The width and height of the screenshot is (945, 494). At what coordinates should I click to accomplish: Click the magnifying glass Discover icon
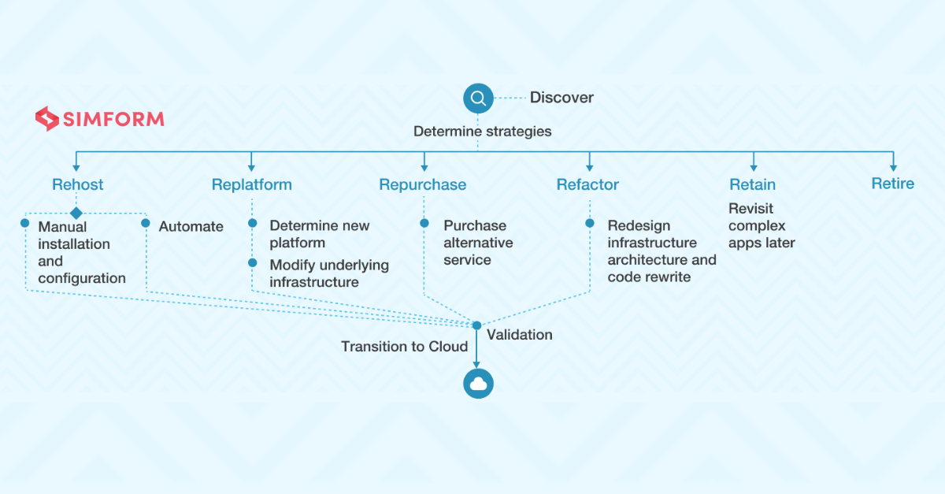(478, 98)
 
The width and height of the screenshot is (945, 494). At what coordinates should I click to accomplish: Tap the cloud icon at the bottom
(478, 384)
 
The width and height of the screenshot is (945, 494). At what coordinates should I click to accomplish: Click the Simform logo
(99, 119)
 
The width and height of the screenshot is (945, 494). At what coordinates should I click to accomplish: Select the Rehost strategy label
(78, 184)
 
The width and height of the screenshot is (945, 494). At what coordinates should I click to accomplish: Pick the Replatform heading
(252, 184)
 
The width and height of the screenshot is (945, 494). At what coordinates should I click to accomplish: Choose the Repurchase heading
(423, 184)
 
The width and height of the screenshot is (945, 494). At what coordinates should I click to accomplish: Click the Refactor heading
(587, 184)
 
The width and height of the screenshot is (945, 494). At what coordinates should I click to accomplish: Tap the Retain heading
(753, 184)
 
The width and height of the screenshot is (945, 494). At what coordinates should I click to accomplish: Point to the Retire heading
(893, 184)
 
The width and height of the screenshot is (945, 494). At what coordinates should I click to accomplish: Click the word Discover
(561, 98)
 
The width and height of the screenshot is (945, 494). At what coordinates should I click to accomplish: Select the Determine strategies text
(482, 132)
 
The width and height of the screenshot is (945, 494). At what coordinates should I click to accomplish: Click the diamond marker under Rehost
(76, 214)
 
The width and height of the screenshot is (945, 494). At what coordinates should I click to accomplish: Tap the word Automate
(191, 226)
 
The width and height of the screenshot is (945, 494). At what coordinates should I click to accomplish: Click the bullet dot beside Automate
(146, 223)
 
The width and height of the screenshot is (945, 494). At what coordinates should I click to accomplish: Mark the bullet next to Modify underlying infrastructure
(253, 262)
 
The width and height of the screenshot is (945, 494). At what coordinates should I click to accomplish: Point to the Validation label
(519, 335)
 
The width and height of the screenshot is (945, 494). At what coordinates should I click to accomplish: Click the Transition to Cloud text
(405, 346)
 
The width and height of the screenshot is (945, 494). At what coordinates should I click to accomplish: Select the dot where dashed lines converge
(476, 325)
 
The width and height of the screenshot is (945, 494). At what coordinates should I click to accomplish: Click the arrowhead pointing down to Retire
(893, 169)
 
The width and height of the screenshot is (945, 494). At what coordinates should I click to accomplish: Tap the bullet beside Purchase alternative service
(424, 223)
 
